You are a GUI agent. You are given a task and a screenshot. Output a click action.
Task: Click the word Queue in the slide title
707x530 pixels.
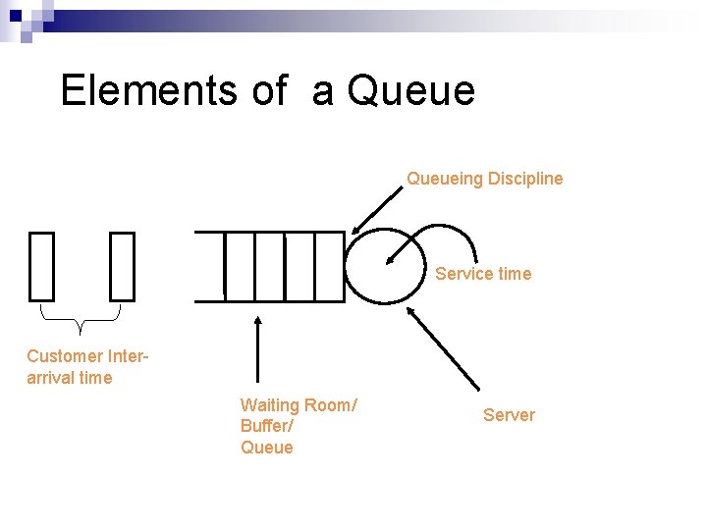[x=411, y=90]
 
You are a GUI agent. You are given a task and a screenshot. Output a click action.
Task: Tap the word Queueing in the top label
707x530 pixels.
[x=445, y=179]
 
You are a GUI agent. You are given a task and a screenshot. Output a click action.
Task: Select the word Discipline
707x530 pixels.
[x=525, y=179]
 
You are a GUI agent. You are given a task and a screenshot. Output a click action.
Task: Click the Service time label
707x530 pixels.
[x=483, y=274]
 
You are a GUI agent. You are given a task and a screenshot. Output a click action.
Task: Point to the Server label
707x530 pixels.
[x=509, y=415]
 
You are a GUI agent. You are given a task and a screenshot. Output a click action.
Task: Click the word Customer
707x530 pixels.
[x=65, y=356]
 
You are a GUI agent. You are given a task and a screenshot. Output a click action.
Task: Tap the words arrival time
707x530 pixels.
[x=70, y=378]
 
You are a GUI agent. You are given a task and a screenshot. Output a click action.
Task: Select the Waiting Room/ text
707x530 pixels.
[x=299, y=405]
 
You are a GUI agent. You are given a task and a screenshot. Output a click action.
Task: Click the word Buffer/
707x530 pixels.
[x=267, y=427]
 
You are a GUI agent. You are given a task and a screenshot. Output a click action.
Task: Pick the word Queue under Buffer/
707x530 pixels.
[x=267, y=448]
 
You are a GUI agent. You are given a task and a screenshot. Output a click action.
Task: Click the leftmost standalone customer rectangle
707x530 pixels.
[x=41, y=266]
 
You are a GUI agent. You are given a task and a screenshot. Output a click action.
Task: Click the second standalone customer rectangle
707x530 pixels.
[x=122, y=266]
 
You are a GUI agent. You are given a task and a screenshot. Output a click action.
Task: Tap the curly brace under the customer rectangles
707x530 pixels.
[x=81, y=316]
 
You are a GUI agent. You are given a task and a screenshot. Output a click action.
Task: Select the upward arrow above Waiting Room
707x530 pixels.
[x=257, y=348]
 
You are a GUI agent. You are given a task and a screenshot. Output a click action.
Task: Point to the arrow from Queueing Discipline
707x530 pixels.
[x=377, y=209]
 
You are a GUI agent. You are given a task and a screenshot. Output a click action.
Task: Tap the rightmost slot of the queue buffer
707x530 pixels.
[x=331, y=266]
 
